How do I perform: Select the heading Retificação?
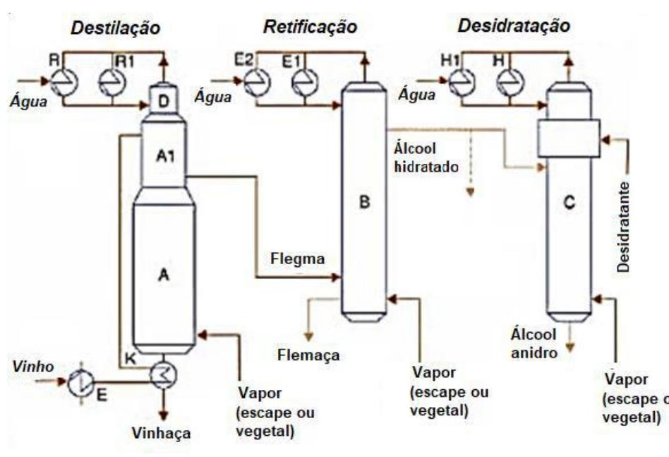(x=310, y=28)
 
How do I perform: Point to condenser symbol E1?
(x=304, y=81)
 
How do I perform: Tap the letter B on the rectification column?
(x=364, y=203)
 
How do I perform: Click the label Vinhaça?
(x=163, y=434)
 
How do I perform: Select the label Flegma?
(x=298, y=259)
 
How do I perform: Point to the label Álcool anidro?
(x=535, y=342)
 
